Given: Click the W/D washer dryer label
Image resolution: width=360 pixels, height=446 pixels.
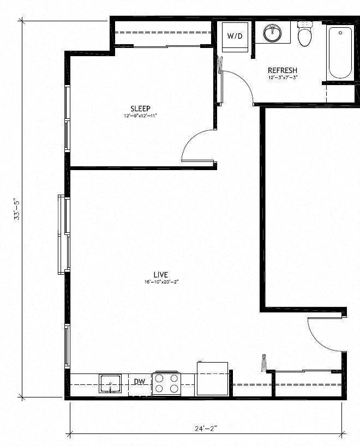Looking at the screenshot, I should tap(235, 36).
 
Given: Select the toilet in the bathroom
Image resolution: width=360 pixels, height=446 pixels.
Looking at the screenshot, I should tap(304, 34).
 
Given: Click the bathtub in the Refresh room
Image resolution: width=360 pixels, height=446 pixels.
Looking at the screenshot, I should tap(339, 53).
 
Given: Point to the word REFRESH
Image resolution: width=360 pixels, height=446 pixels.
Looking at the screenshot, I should tap(282, 70).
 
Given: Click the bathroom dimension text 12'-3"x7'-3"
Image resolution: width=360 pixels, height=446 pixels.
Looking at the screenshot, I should tap(282, 78).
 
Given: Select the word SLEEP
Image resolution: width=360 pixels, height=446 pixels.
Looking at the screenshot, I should tap(140, 108).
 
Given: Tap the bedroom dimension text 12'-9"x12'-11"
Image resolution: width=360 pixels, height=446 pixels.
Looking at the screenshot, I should tap(140, 116).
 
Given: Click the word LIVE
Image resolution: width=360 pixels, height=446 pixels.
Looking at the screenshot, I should tap(160, 274).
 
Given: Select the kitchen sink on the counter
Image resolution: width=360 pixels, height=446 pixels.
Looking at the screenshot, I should tap(111, 384).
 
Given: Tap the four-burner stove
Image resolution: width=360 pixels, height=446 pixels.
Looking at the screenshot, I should tap(166, 383).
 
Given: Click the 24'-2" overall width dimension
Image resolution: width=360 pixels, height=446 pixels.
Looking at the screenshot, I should tap(206, 429).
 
